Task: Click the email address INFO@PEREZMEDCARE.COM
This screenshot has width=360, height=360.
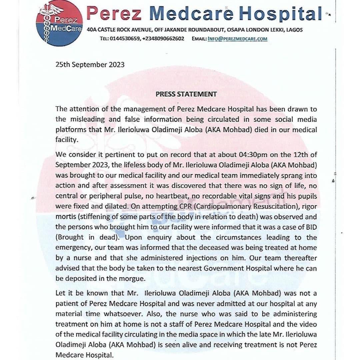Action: click(237, 39)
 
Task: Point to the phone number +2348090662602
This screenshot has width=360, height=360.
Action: click(163, 39)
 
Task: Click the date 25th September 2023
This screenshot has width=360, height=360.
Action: click(90, 64)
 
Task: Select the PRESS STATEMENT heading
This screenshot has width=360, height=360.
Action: click(186, 94)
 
